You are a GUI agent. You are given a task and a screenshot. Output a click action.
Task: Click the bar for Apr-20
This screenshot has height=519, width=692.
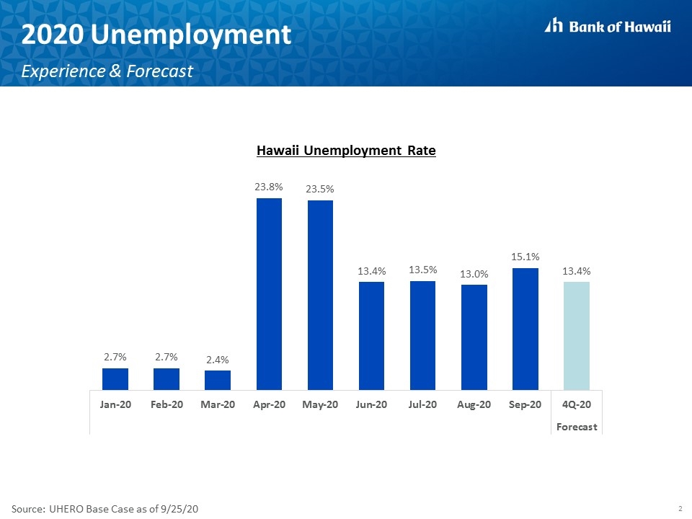269,294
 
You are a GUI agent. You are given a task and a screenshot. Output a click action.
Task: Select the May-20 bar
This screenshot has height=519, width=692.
320,296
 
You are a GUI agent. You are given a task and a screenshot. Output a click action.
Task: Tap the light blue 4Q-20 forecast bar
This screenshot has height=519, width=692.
577,336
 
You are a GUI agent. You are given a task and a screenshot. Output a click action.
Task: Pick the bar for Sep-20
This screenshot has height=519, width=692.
525,329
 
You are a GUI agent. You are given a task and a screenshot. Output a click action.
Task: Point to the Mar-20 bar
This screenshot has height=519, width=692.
218,380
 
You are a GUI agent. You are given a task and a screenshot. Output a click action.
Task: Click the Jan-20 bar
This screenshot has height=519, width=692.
115,379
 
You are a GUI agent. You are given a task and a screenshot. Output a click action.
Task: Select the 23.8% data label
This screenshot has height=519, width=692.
269,187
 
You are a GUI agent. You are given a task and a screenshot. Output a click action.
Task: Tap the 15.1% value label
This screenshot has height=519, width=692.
525,257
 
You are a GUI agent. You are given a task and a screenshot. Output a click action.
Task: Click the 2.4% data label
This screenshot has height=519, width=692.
218,360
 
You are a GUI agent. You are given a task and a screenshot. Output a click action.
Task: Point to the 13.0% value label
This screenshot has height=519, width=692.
474,274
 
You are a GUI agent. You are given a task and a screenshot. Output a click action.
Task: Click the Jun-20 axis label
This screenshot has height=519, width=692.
371,404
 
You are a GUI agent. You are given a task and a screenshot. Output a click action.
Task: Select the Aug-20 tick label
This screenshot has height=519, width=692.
474,404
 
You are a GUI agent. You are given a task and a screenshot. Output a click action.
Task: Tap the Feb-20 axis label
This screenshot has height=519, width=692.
167,404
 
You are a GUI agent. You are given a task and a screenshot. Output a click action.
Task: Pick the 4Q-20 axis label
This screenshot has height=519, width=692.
577,404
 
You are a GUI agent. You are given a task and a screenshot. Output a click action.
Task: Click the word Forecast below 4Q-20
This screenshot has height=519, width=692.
577,427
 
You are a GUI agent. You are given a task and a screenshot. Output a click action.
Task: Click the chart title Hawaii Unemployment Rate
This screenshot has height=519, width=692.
346,151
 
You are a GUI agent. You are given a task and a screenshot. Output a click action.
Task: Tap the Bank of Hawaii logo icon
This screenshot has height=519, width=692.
554,25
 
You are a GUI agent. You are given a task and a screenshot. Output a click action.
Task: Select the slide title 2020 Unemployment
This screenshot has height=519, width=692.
156,34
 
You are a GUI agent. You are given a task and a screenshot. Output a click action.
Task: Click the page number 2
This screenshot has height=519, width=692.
680,508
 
